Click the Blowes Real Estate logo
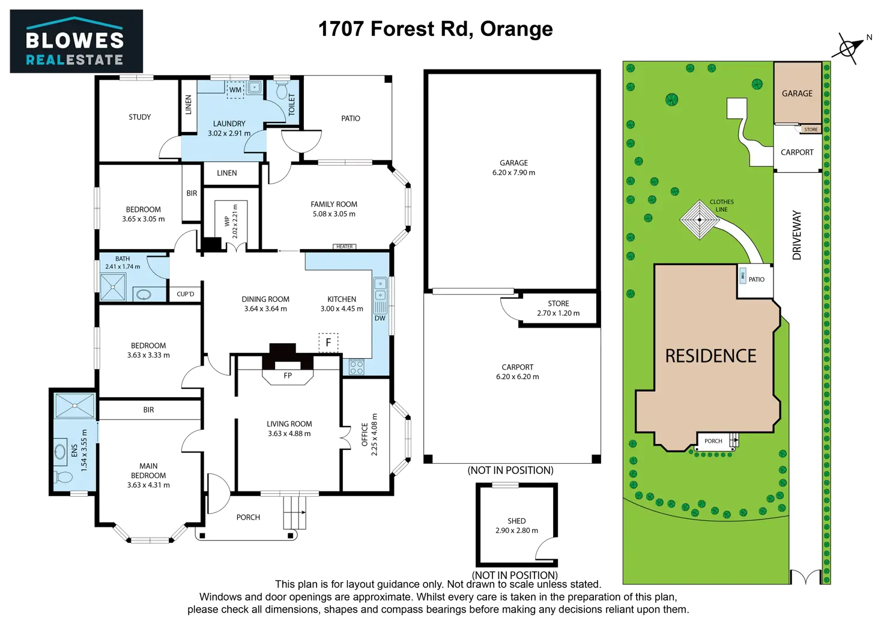tap(76, 41)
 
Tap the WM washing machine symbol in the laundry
tap(235, 89)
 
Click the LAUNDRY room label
tap(229, 124)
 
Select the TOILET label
tap(292, 104)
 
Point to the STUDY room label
tap(140, 116)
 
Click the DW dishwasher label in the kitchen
tap(380, 318)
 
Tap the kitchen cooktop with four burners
tap(356, 367)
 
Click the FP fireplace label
tap(288, 375)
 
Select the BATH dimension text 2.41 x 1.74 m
tap(123, 266)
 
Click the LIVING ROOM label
tap(289, 424)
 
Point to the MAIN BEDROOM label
tap(148, 470)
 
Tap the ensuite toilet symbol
tap(63, 477)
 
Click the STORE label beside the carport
tap(558, 304)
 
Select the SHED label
tap(517, 521)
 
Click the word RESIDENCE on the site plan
tap(710, 356)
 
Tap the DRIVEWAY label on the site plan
tap(797, 235)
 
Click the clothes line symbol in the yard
tap(700, 220)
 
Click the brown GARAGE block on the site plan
tap(797, 93)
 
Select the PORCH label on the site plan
tap(713, 441)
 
